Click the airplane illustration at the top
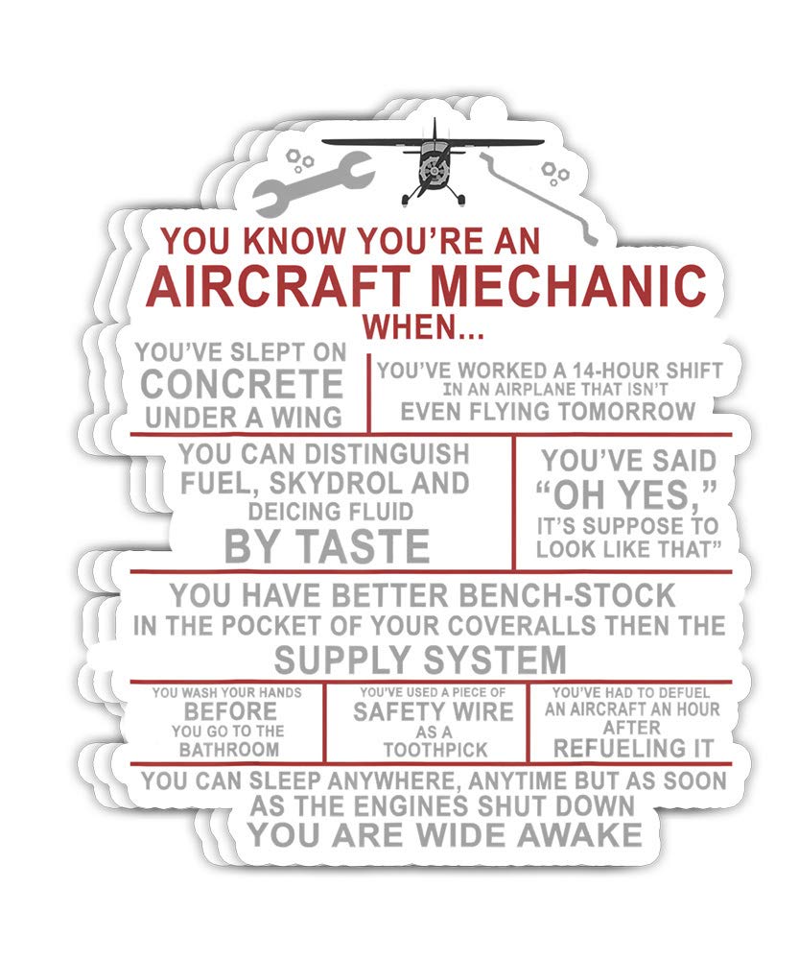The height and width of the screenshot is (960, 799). tap(432, 164)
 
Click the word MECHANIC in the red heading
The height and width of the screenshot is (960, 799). tap(566, 284)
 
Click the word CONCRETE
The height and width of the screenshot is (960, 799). tap(241, 384)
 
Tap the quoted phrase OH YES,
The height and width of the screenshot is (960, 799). tap(627, 496)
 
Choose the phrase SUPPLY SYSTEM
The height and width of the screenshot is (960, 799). tap(420, 660)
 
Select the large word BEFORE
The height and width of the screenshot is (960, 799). tap(230, 711)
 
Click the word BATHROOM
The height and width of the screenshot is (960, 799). tap(230, 749)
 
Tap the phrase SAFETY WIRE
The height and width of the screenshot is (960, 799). tap(434, 711)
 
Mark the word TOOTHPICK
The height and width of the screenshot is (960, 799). tap(435, 750)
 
